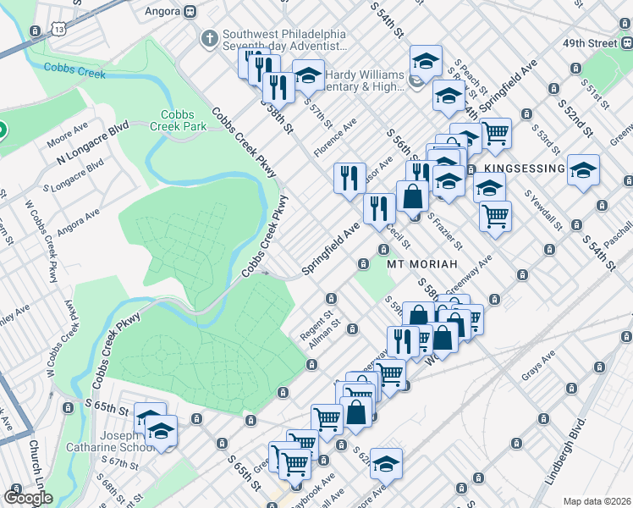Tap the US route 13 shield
(58, 29)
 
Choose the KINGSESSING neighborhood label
(524, 169)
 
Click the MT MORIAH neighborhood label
(422, 264)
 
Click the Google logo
(28, 498)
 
